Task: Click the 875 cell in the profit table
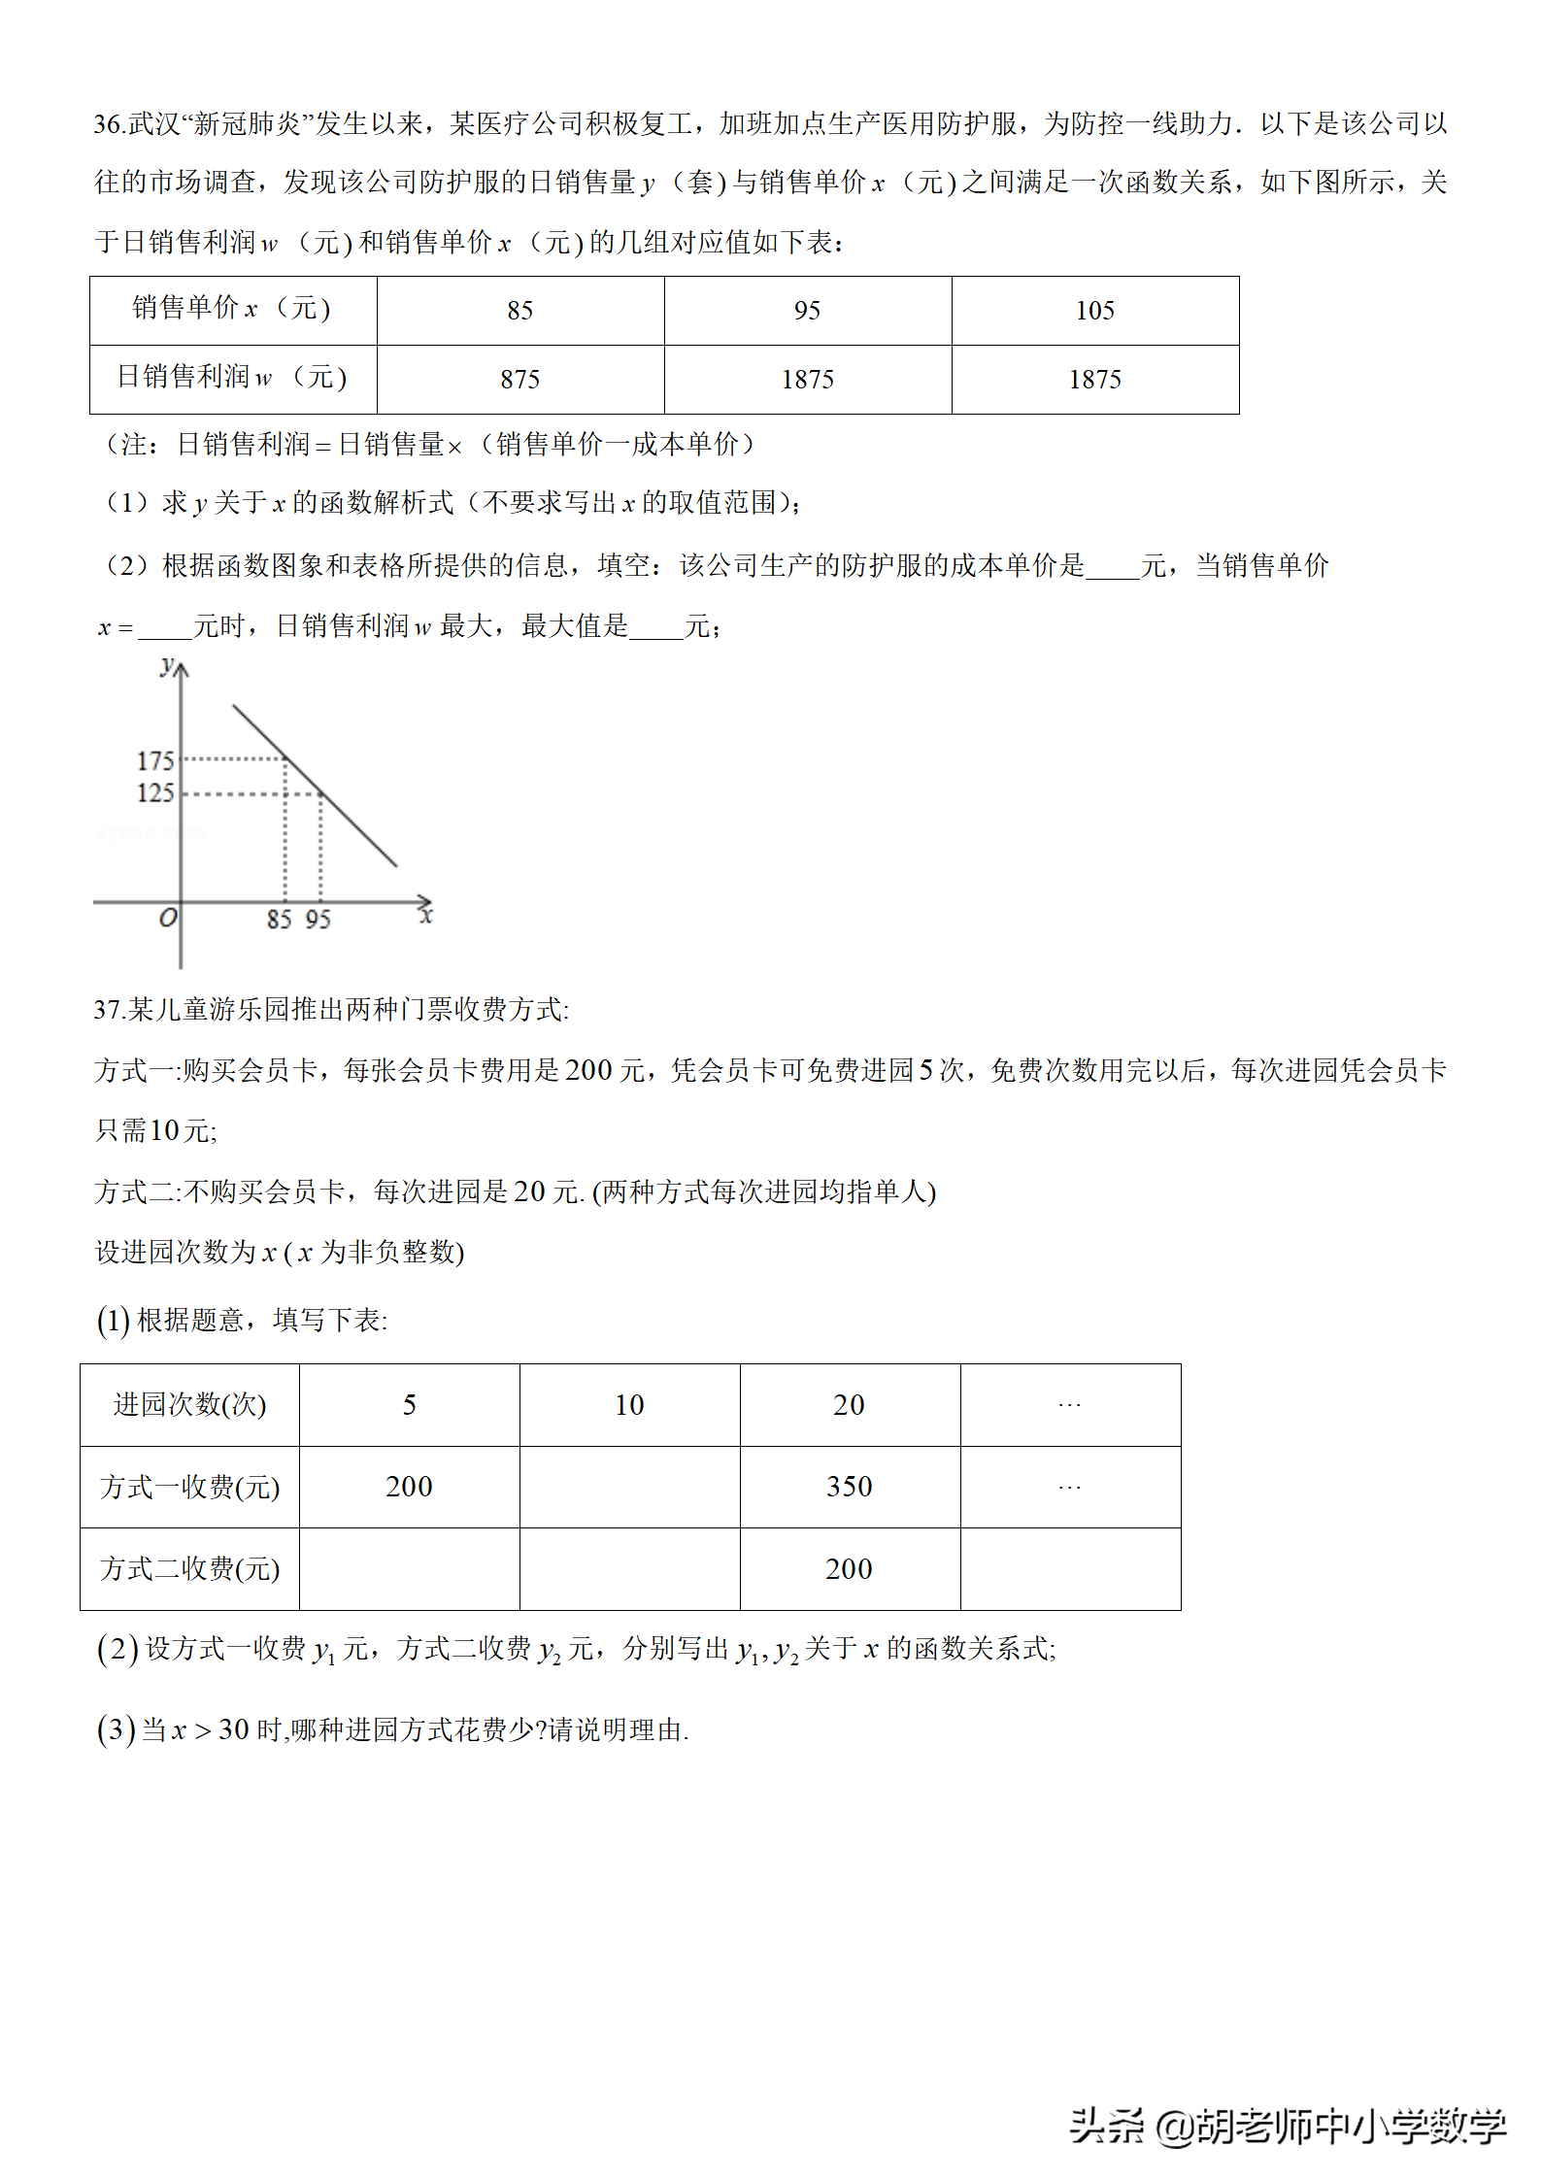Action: [x=519, y=380]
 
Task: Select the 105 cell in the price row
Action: [x=1094, y=311]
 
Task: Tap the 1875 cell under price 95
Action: [x=807, y=380]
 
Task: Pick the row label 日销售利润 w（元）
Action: [x=232, y=378]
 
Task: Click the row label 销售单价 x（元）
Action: [x=232, y=309]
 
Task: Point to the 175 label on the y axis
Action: [x=155, y=761]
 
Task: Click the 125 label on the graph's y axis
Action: [x=155, y=793]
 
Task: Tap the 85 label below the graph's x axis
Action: [x=280, y=920]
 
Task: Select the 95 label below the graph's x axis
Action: [x=318, y=920]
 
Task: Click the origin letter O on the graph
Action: [x=168, y=918]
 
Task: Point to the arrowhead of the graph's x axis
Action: [x=424, y=902]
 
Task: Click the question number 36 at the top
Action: [x=107, y=124]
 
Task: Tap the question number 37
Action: [x=107, y=1011]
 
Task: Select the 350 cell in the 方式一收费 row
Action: [x=849, y=1487]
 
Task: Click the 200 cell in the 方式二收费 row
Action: [x=849, y=1569]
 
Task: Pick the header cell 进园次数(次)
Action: [x=189, y=1405]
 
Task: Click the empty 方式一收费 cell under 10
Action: [x=629, y=1487]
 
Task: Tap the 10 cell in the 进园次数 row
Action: [x=629, y=1405]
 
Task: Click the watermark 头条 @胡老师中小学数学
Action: [x=1287, y=2126]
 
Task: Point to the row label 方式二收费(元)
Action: [x=189, y=1569]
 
